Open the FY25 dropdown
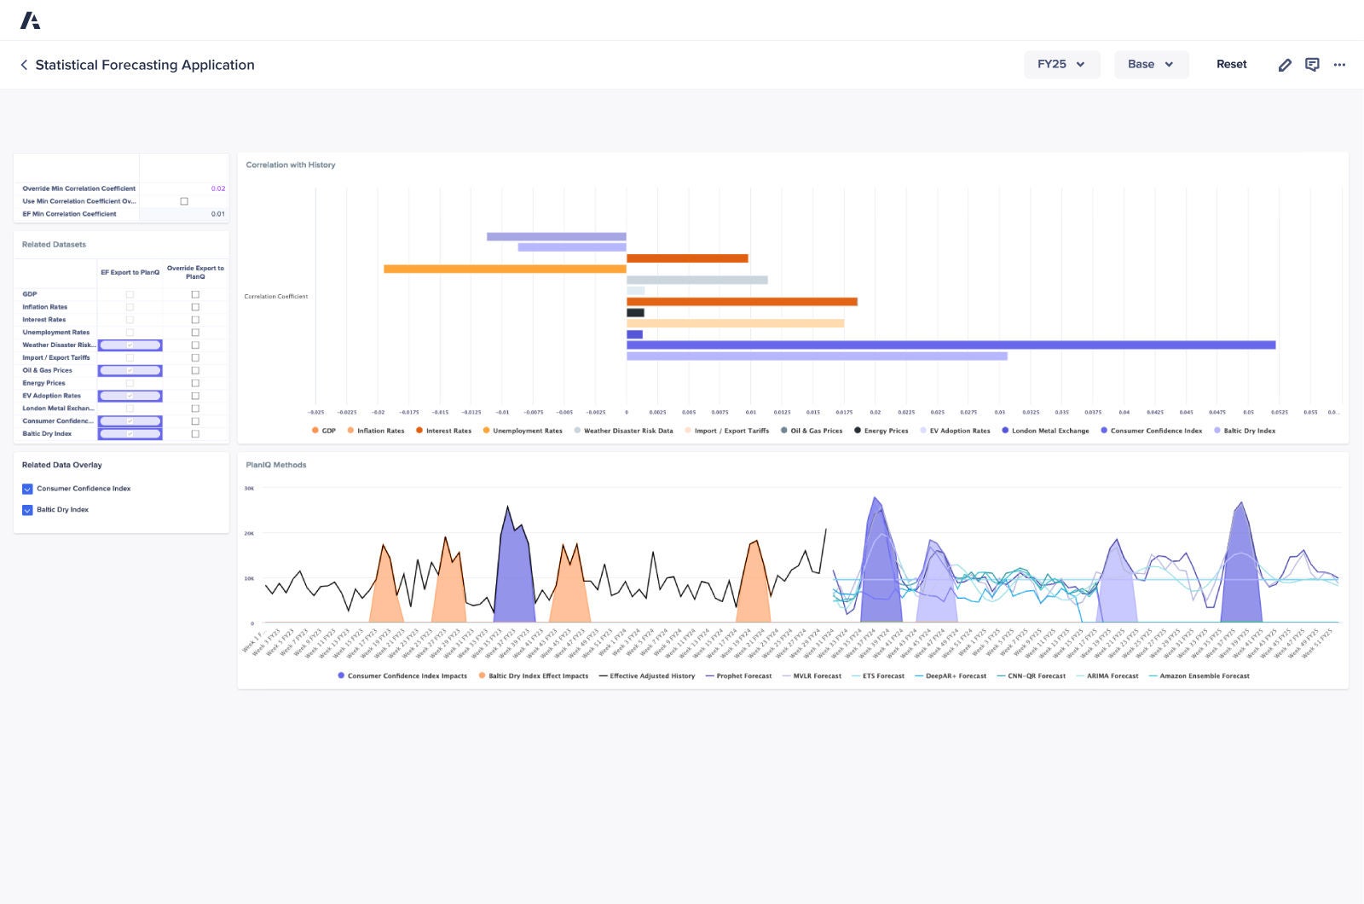[1061, 64]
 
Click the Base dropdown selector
[1151, 64]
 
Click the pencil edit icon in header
[1285, 65]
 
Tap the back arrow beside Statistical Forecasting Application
[24, 65]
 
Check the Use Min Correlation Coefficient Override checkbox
[184, 201]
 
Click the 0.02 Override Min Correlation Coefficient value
[217, 188]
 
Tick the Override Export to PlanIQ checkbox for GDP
[195, 294]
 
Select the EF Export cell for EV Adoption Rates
[130, 396]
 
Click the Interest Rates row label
[44, 320]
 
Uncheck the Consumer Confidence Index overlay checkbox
[27, 489]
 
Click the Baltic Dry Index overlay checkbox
[27, 510]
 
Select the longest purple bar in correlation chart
[951, 345]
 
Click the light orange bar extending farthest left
[505, 269]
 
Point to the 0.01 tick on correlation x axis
[750, 412]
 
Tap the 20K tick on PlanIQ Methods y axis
[249, 534]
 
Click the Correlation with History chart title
[290, 165]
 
